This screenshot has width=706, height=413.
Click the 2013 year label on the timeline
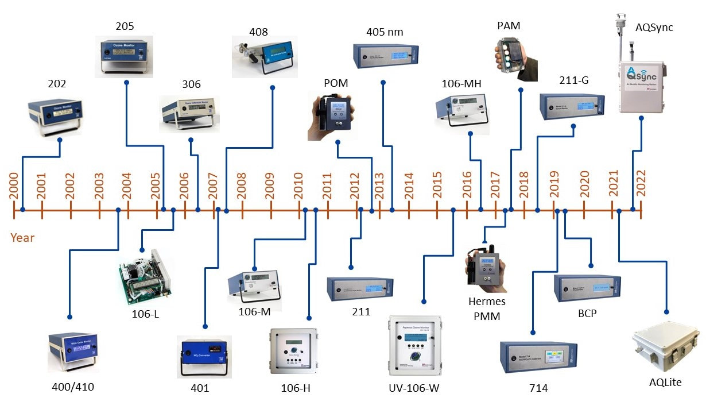pos(380,185)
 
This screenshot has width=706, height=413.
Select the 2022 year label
pos(641,185)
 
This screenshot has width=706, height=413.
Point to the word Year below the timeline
pos(22,237)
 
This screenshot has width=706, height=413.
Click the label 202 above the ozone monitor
pos(57,84)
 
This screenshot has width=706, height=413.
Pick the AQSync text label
pos(654,27)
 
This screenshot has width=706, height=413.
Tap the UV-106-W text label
pos(414,388)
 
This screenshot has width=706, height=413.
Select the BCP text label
pos(588,315)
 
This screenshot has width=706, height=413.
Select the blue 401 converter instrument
pos(204,354)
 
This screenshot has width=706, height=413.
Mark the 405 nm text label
pos(385,32)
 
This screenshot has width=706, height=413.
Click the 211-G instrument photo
pos(572,106)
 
